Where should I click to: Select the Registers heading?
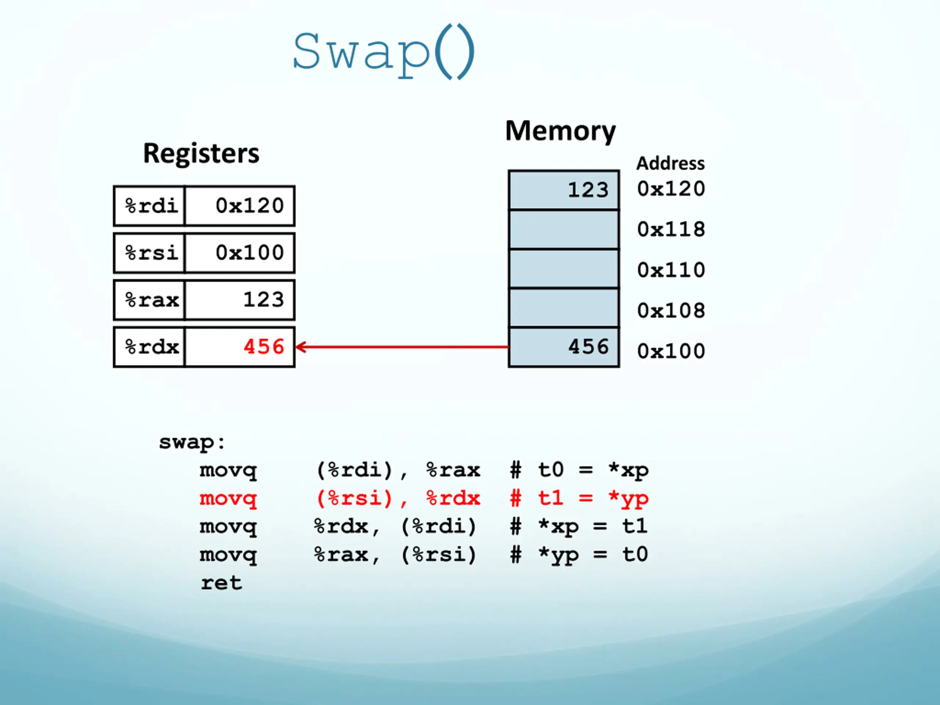click(x=201, y=153)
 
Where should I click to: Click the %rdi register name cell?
click(x=149, y=206)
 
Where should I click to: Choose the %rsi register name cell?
click(x=149, y=253)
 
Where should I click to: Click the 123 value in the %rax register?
click(x=264, y=300)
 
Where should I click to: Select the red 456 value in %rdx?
click(x=264, y=347)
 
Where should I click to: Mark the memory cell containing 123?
click(x=564, y=190)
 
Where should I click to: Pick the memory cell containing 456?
click(x=564, y=347)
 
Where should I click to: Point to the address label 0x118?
click(x=671, y=229)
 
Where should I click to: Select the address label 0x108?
click(x=671, y=311)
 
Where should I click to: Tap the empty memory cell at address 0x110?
click(x=564, y=268)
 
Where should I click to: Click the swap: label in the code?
click(x=192, y=443)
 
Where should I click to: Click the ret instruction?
click(x=221, y=583)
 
